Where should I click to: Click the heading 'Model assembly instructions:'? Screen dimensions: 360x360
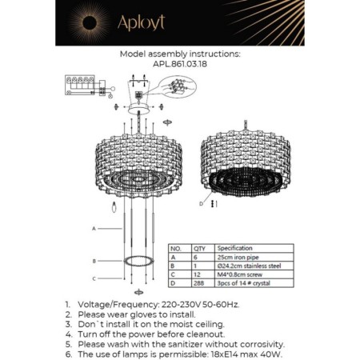pos(179,56)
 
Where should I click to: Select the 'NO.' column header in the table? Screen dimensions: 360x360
pos(178,249)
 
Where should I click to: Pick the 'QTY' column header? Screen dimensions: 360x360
pos(198,249)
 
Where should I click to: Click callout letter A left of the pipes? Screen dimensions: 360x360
pos(94,229)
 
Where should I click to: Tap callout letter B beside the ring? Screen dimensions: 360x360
pos(94,261)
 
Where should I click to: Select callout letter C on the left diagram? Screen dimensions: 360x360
pos(94,278)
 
